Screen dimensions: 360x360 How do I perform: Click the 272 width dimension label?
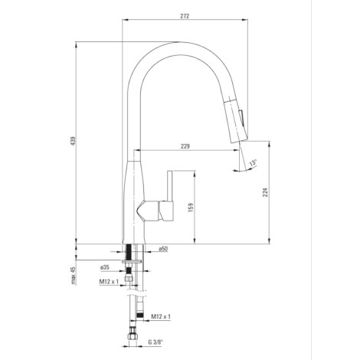(185, 16)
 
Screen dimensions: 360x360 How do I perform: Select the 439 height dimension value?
(74, 141)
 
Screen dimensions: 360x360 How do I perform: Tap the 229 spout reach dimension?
(185, 146)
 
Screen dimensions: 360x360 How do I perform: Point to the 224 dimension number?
(266, 192)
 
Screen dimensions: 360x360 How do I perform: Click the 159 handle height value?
(190, 208)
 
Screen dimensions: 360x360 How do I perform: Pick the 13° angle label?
(253, 162)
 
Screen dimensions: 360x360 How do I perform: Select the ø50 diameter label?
(163, 249)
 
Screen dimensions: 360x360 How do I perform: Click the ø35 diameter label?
(105, 267)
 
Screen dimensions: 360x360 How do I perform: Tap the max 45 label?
(74, 276)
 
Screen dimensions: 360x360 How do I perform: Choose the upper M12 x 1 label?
(109, 282)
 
